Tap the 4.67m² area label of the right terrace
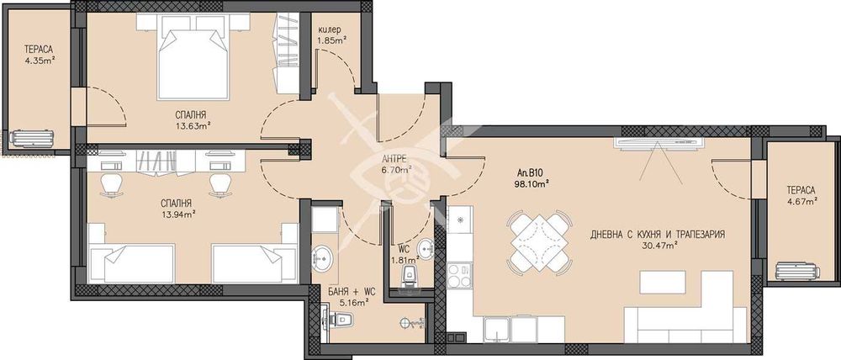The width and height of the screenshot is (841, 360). coord(801,201)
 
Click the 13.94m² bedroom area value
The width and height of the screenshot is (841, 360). coord(178,214)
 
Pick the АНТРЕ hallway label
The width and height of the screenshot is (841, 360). coord(396,160)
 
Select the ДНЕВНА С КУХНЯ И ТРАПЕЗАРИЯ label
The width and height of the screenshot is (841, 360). coord(658,235)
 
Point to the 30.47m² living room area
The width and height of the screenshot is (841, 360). coord(659,245)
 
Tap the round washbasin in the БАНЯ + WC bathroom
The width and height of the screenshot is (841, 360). coord(322,258)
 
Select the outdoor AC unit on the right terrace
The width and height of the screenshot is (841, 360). coord(797,270)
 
